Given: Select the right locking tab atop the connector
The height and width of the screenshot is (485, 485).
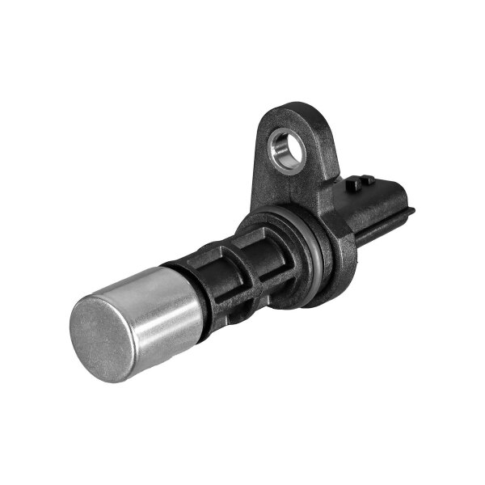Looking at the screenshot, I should pos(369,179).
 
